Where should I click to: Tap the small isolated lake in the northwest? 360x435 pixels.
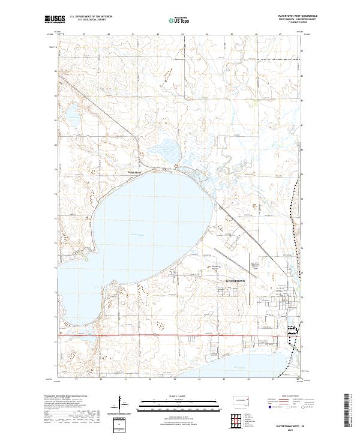73,112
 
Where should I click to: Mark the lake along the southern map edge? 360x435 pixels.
240,364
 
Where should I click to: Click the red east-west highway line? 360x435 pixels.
180,335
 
